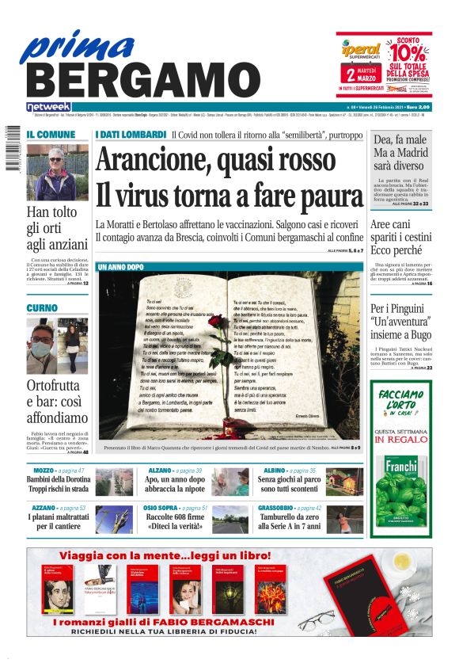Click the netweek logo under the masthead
click(48, 106)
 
